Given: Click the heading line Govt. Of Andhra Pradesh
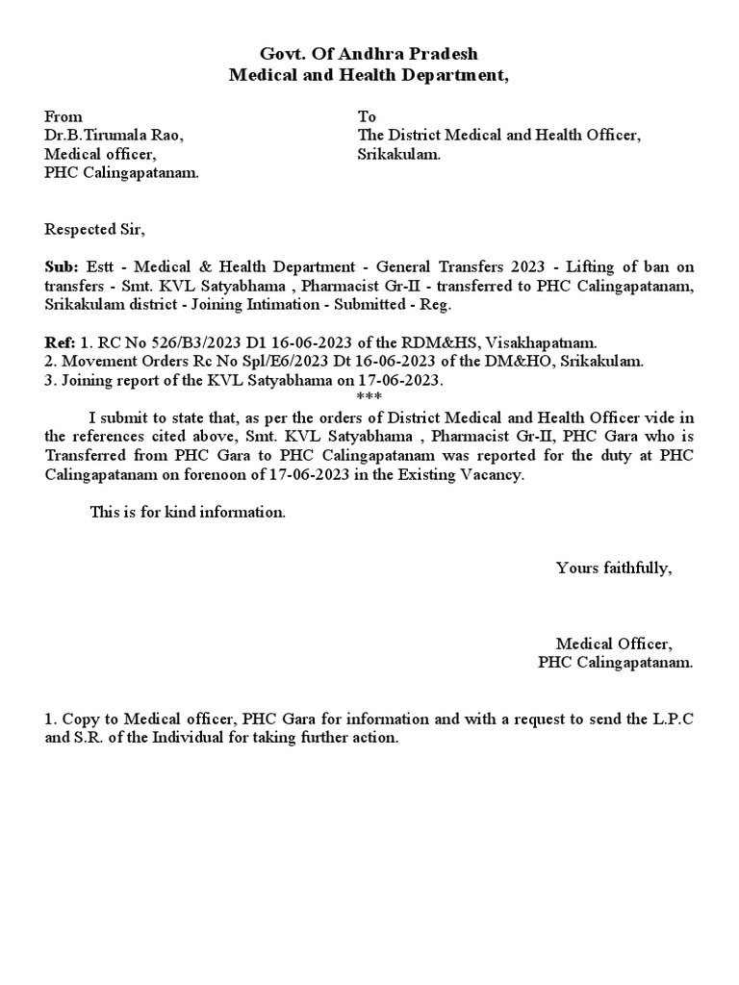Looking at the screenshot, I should pos(369,54).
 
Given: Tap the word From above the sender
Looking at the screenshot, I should pos(64,116).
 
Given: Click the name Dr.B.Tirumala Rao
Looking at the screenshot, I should pos(114,136).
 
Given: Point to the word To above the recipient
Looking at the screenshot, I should pos(366,116).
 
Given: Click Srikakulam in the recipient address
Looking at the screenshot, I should pos(398,154).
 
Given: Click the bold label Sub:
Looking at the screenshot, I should pos(60,266).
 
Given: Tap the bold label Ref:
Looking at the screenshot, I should pos(59,342).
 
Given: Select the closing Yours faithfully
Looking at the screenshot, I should pos(614,568).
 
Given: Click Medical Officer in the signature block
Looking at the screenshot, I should pos(614,644).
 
